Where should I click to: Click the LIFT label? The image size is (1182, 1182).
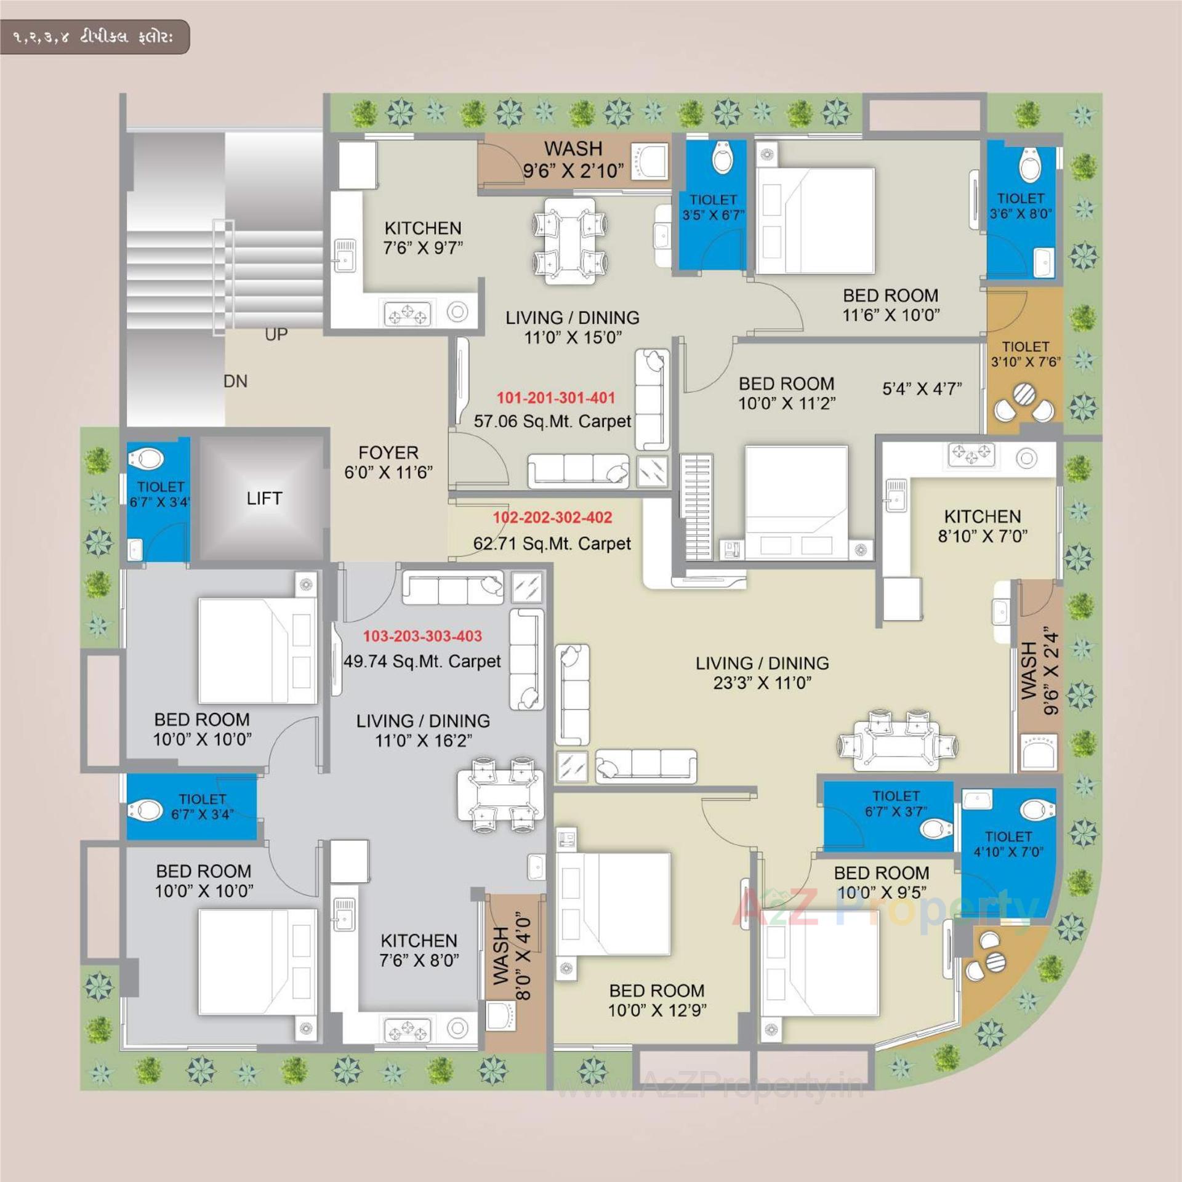(x=264, y=498)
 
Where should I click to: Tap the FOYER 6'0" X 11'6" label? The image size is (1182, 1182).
(x=388, y=462)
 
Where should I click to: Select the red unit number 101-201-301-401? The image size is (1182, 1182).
(x=556, y=398)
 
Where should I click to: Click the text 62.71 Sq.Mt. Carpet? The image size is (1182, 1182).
(x=552, y=544)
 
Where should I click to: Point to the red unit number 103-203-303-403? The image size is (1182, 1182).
(x=422, y=636)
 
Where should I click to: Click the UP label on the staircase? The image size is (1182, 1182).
(x=276, y=334)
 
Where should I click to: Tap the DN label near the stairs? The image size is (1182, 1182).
(x=235, y=382)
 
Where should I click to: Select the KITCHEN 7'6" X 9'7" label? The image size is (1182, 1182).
(x=422, y=238)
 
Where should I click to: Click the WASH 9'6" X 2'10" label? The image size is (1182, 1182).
(x=573, y=159)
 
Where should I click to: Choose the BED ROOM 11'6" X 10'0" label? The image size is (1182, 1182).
(x=890, y=305)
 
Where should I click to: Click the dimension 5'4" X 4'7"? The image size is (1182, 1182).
(x=922, y=389)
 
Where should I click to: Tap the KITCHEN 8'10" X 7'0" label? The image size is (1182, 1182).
(x=983, y=526)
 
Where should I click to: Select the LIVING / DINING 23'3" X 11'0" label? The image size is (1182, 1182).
(x=762, y=672)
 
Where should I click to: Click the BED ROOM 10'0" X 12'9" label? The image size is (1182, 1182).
(x=657, y=1000)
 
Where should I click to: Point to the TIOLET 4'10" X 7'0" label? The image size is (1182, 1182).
(x=1008, y=844)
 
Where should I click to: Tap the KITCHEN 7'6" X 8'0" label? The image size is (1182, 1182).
(x=419, y=950)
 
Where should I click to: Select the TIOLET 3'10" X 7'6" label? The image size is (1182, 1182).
(x=1025, y=354)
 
